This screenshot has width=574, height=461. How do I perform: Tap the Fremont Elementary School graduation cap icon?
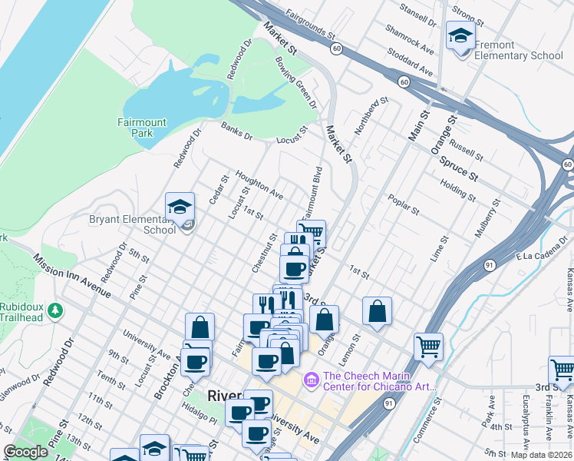460,36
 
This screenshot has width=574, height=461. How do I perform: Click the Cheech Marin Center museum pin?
311,380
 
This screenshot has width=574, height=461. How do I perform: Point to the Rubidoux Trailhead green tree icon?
54,310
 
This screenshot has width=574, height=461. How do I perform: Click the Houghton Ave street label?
259,185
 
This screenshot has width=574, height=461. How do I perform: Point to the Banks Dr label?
236,131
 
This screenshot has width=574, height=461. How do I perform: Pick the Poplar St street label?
404,204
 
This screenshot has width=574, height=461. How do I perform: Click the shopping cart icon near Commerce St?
428,345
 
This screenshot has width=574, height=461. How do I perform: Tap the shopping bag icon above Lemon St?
377,311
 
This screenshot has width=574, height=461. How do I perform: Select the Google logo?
25,452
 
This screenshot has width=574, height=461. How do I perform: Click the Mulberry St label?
487,220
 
